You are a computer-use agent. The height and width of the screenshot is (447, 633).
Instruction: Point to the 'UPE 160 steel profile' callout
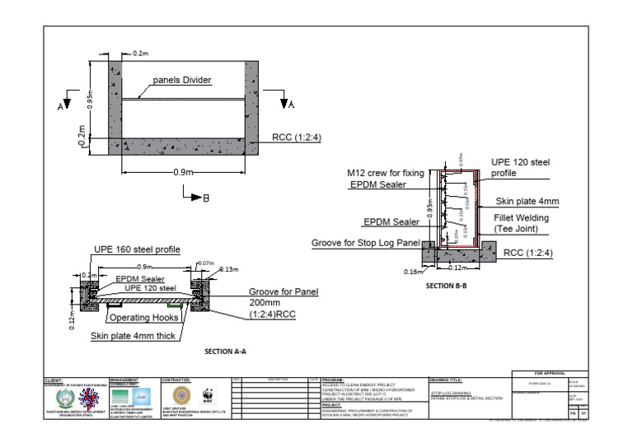pyautogui.click(x=135, y=248)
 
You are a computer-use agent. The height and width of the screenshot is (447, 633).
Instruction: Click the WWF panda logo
pyautogui.click(x=207, y=393)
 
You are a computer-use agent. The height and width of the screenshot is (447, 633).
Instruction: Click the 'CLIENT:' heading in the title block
pyautogui.click(x=55, y=380)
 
